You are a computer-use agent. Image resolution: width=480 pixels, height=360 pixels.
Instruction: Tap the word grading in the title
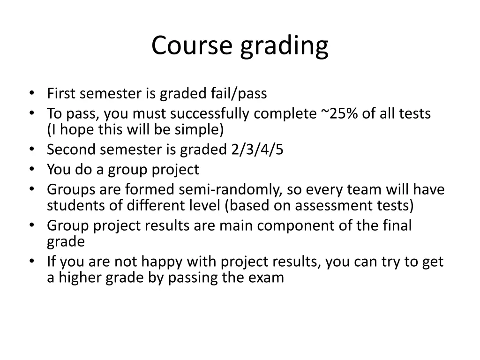(285, 47)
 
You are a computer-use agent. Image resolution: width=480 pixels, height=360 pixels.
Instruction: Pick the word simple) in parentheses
(203, 129)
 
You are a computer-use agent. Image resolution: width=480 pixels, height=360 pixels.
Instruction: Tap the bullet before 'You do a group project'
(31, 169)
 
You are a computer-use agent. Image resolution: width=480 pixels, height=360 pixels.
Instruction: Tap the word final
(398, 225)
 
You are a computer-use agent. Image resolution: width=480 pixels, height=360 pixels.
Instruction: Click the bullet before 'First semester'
(31, 93)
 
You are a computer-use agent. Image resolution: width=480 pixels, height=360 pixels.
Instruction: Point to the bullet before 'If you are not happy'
(31, 261)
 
